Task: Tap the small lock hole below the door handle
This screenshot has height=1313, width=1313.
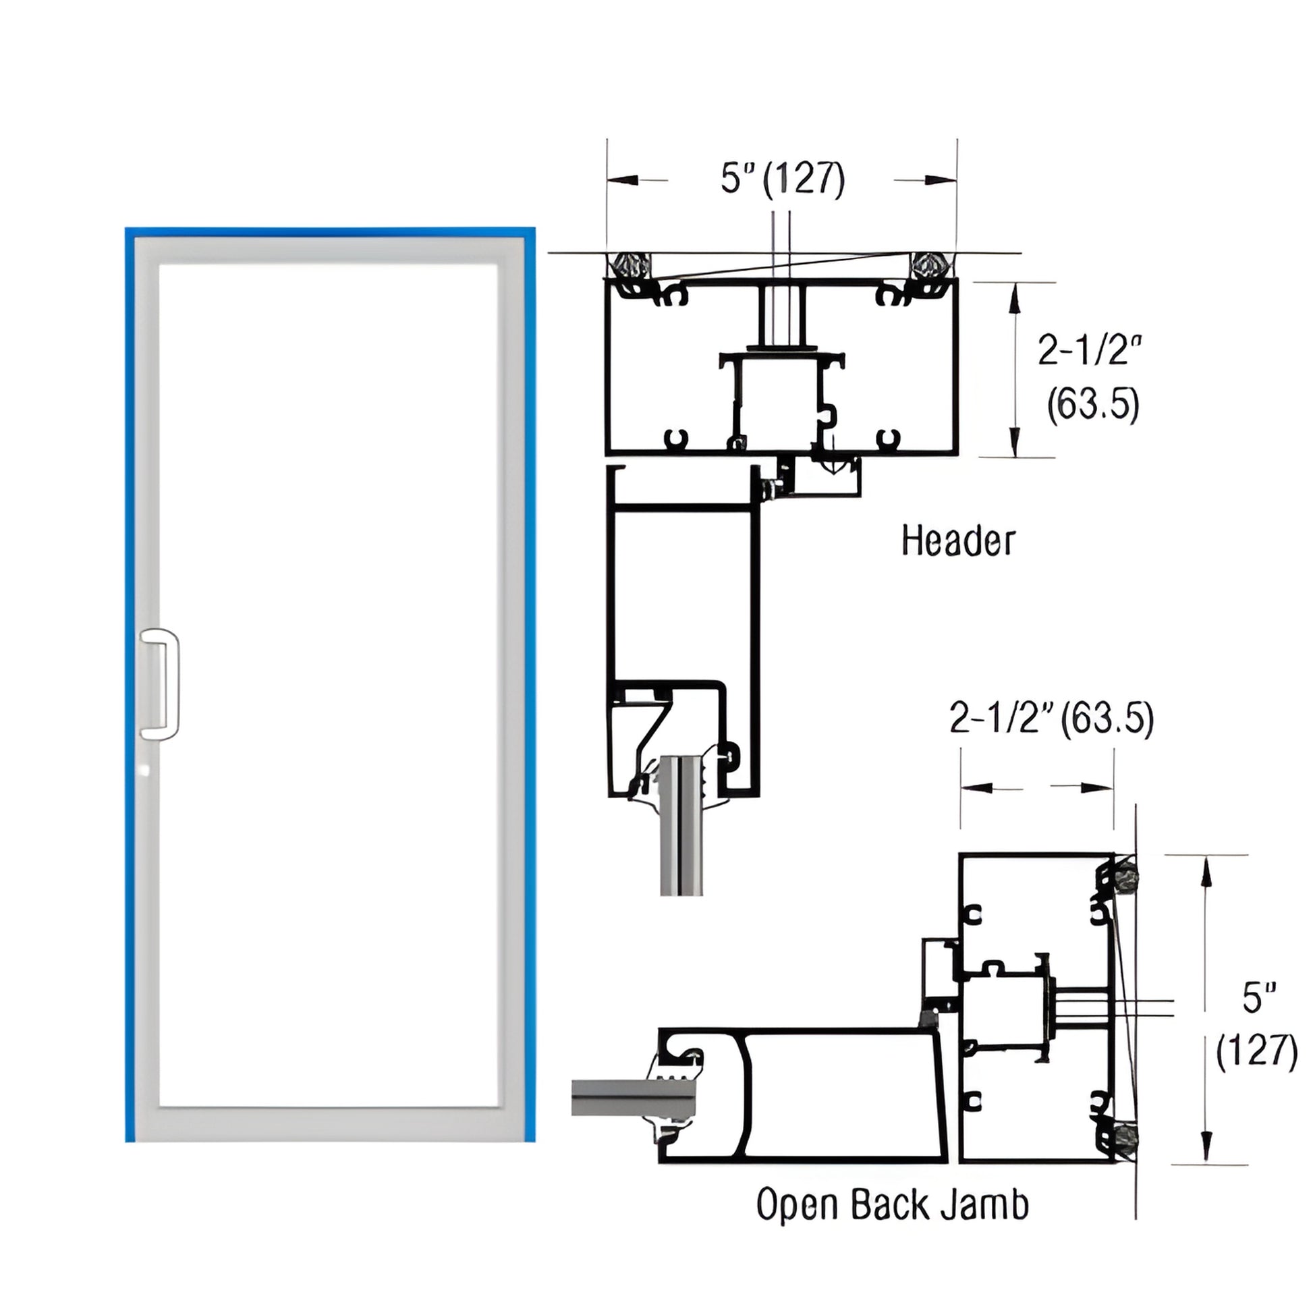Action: click(144, 770)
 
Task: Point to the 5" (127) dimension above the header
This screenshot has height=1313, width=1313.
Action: click(782, 179)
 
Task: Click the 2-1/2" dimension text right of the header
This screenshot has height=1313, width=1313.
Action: click(1090, 351)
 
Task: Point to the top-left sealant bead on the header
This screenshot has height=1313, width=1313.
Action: click(630, 264)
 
